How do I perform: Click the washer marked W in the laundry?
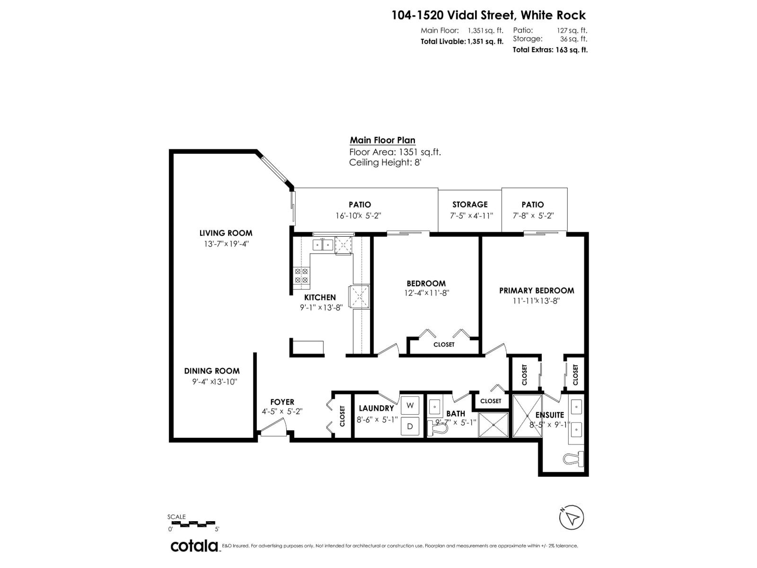click(410, 405)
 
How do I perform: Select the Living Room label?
click(226, 233)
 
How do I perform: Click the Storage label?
click(470, 204)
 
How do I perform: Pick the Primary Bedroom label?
click(537, 290)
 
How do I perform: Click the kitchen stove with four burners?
click(301, 276)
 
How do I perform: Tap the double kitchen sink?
click(322, 245)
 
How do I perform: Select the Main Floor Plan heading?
click(382, 140)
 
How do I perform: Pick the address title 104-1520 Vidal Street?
click(488, 16)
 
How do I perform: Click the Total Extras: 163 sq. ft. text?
click(550, 50)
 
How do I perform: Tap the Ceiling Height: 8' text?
click(385, 163)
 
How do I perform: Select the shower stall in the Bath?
click(493, 425)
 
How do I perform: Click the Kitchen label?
click(320, 297)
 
